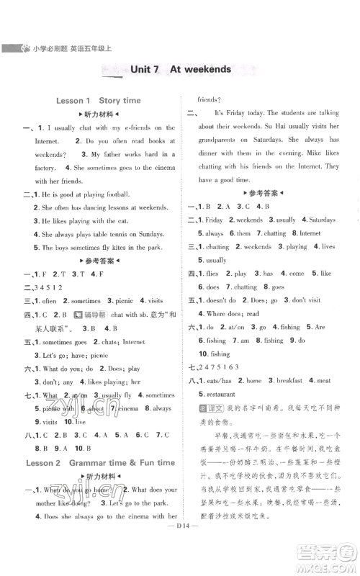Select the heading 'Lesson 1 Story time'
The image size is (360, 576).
(98, 101)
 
